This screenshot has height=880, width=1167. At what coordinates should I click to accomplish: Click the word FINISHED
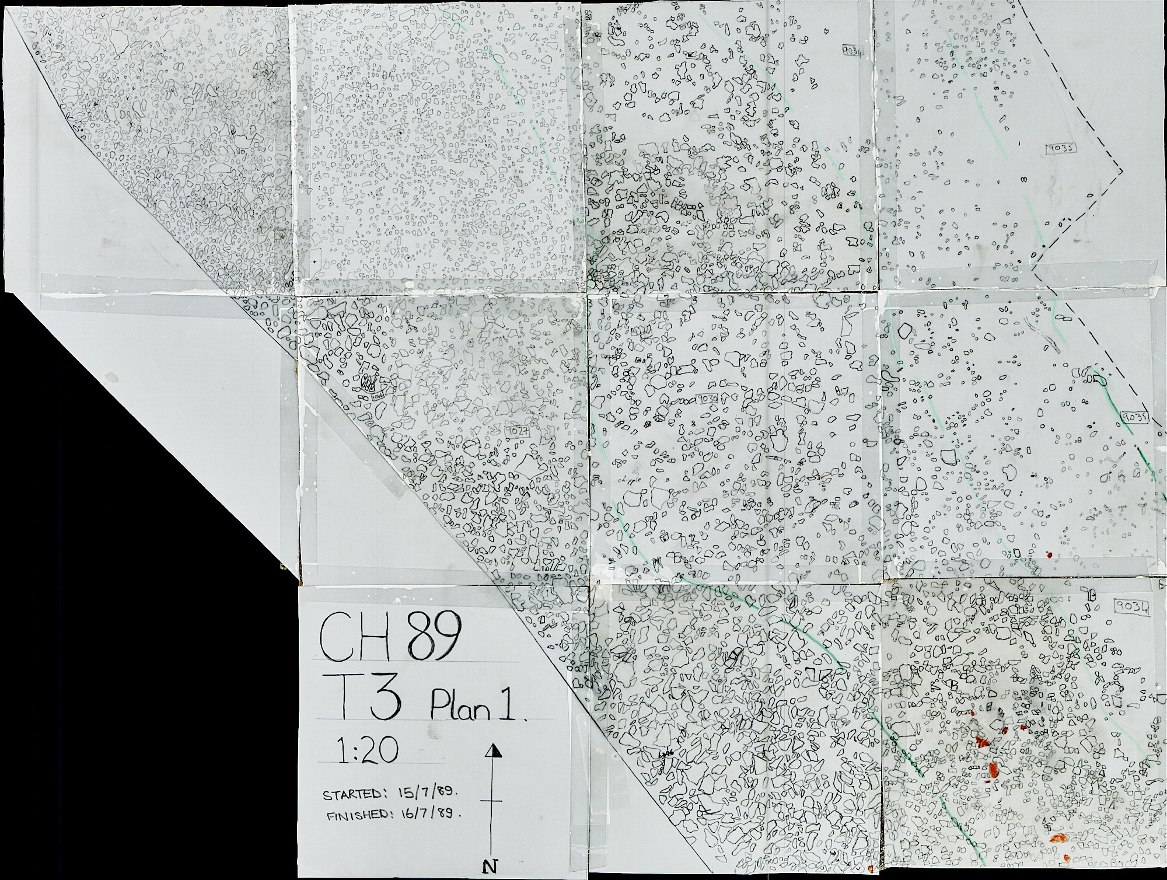[x=357, y=816]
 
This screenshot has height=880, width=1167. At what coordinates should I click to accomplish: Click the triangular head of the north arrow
[x=494, y=750]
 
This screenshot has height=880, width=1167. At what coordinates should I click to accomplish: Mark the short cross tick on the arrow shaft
[x=492, y=802]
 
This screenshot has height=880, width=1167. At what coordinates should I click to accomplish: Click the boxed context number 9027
[x=519, y=431]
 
